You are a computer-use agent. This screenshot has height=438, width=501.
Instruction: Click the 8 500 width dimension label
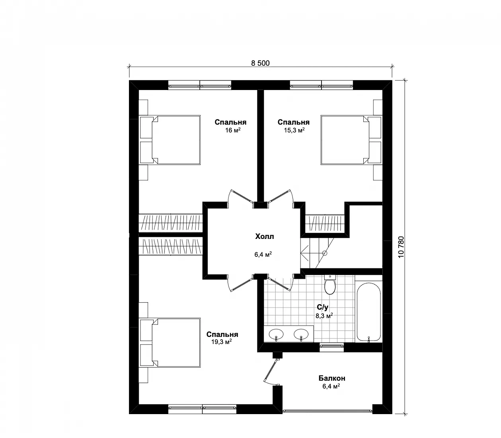click(x=260, y=63)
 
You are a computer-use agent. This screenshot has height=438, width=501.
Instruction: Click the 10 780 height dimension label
click(x=401, y=247)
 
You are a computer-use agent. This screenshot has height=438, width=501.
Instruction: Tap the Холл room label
click(x=265, y=237)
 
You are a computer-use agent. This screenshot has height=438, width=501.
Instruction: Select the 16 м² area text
click(x=233, y=130)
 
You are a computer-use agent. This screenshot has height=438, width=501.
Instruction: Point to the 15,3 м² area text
click(x=294, y=130)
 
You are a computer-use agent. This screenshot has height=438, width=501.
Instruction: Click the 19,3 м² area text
click(x=222, y=342)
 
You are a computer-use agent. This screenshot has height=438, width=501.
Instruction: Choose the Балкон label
click(x=332, y=378)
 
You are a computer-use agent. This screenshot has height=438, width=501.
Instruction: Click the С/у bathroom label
click(x=322, y=307)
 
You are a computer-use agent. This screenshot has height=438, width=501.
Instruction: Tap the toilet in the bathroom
click(x=330, y=284)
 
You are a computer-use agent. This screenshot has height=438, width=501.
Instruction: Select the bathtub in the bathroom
click(x=368, y=312)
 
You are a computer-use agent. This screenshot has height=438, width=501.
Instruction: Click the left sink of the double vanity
click(x=276, y=334)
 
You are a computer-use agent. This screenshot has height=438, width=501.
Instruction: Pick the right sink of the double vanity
click(x=301, y=334)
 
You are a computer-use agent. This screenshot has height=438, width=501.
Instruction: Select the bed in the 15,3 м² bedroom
click(x=351, y=140)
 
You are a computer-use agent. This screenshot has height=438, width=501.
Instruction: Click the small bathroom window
click(x=332, y=346)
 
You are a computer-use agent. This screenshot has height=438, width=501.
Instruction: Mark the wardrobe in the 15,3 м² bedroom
click(x=325, y=223)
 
